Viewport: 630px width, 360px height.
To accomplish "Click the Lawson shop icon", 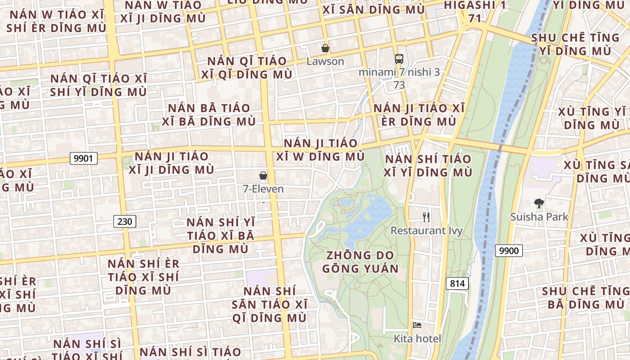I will pyautogui.click(x=325, y=48).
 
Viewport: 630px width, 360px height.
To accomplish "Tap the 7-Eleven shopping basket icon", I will pyautogui.click(x=263, y=175).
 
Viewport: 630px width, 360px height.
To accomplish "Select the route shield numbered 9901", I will pyautogui.click(x=84, y=158).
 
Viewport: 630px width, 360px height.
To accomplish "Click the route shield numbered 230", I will pyautogui.click(x=124, y=221).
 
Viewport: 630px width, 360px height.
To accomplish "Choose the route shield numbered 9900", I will pyautogui.click(x=509, y=251).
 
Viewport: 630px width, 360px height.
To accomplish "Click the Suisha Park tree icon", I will pyautogui.click(x=539, y=203).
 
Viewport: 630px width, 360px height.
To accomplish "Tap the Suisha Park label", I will pyautogui.click(x=539, y=217).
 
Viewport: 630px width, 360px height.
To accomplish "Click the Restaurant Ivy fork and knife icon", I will pyautogui.click(x=426, y=217).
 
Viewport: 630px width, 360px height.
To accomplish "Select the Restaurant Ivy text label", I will pyautogui.click(x=426, y=231).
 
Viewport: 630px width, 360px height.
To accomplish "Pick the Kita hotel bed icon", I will pyautogui.click(x=417, y=325).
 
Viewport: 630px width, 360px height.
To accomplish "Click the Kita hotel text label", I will pyautogui.click(x=417, y=338).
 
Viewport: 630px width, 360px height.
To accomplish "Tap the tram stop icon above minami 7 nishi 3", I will pyautogui.click(x=399, y=58).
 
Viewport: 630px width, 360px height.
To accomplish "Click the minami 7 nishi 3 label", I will pyautogui.click(x=399, y=72).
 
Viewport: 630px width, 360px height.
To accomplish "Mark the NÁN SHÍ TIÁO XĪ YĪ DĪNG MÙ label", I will pyautogui.click(x=428, y=166).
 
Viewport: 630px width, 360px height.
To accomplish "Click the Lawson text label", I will pyautogui.click(x=325, y=62).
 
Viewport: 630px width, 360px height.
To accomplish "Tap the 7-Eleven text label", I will pyautogui.click(x=263, y=189).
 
